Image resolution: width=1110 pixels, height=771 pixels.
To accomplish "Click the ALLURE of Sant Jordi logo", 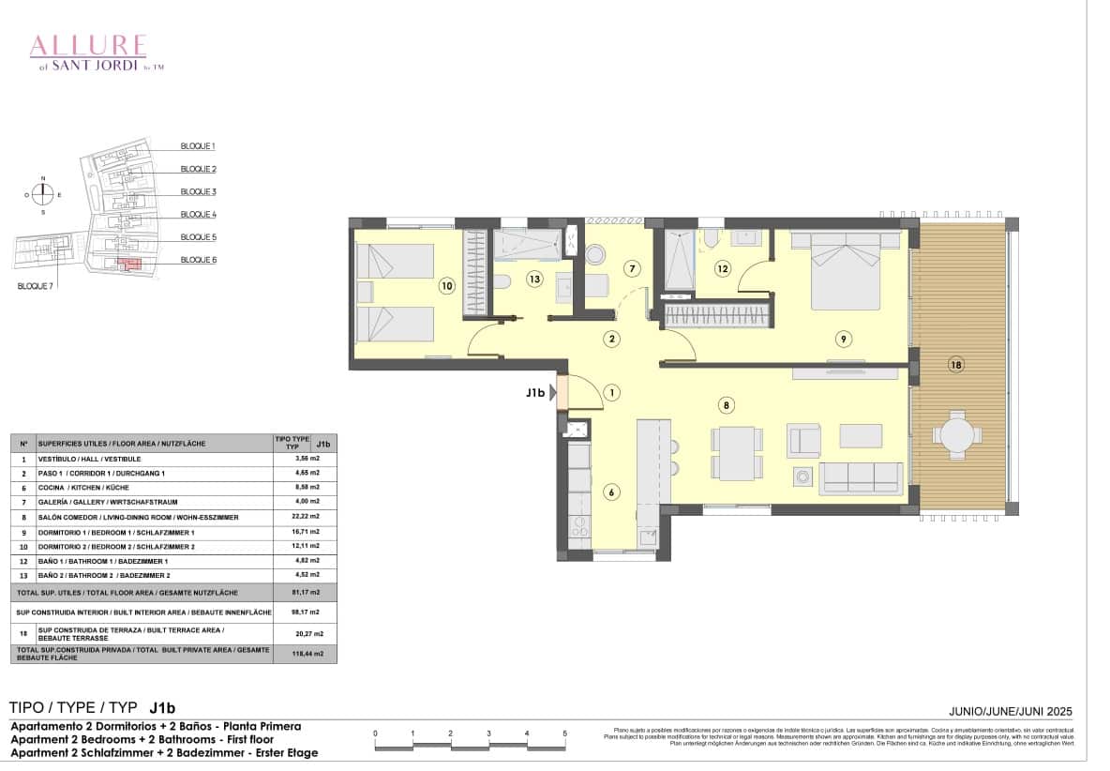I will point(88,52).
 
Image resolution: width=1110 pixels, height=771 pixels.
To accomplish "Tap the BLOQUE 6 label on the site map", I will point(198,260).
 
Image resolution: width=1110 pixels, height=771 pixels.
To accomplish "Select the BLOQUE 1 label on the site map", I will point(198,146).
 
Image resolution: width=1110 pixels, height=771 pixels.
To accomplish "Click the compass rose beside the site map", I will point(42,195).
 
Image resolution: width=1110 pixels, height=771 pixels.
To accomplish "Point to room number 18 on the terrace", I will point(955,365).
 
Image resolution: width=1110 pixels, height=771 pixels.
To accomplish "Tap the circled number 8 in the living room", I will point(726,405).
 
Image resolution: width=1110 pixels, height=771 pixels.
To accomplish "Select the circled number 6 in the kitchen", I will point(611,491).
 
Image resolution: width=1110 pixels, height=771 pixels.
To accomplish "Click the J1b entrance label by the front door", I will point(535,394).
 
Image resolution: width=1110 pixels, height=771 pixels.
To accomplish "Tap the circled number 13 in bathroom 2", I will point(534,278).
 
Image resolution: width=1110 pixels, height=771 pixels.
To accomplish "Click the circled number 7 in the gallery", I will point(633,269).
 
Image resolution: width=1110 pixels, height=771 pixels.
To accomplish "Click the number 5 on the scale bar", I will point(565,733).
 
